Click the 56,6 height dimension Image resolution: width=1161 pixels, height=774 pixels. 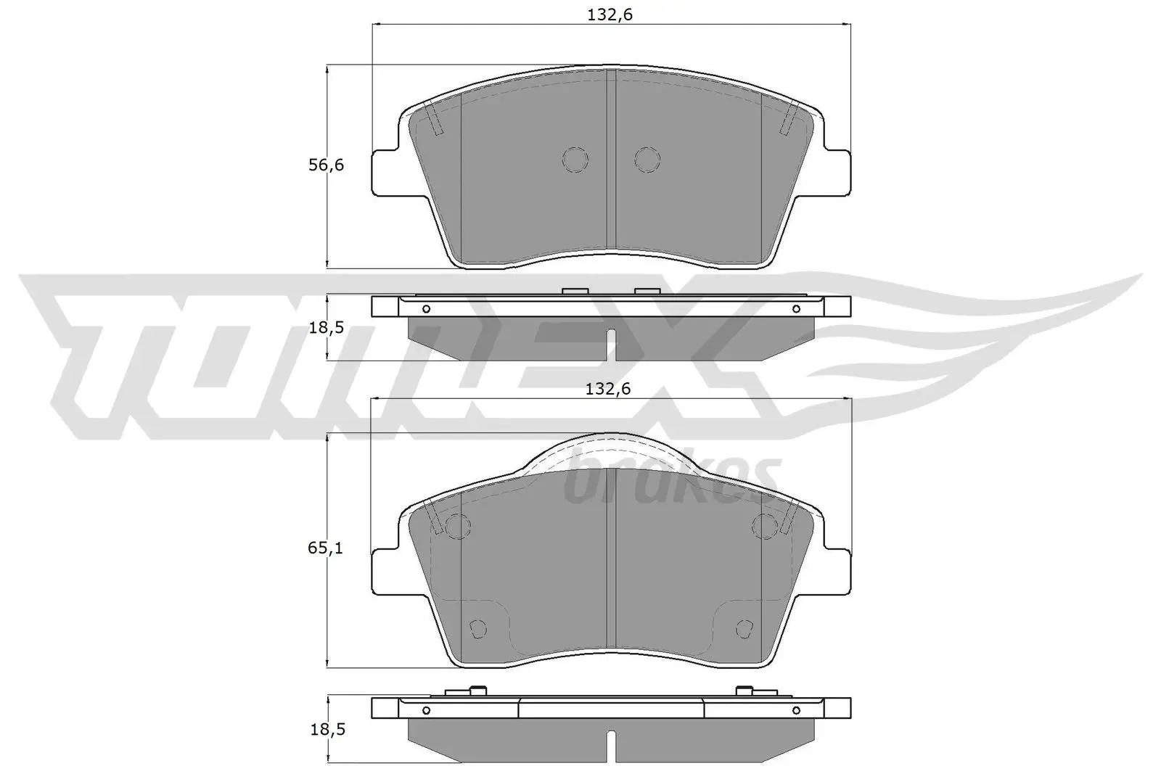point(326,165)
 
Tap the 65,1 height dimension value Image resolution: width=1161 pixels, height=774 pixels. point(326,548)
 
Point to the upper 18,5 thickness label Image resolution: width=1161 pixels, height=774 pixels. point(326,327)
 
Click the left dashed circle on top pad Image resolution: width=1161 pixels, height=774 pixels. point(575,160)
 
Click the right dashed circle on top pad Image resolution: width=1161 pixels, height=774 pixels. point(646,160)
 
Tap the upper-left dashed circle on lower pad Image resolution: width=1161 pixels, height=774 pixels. point(457,526)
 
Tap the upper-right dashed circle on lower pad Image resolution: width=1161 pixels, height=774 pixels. point(765,526)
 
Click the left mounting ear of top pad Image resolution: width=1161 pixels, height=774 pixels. point(385,173)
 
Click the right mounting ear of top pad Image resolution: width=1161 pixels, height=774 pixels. point(837,173)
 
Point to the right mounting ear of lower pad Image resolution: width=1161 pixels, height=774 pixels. point(837,572)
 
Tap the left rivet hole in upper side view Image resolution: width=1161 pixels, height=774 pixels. point(426,309)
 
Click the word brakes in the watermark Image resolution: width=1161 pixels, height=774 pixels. point(671,477)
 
